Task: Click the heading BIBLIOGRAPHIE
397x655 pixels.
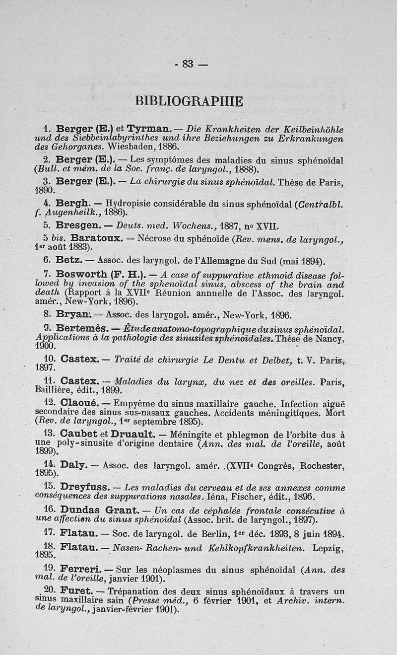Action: tap(189, 101)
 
